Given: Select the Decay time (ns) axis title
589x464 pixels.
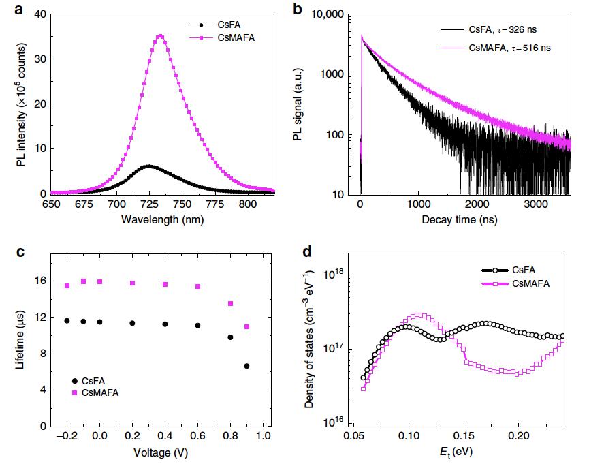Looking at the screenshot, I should (x=460, y=220).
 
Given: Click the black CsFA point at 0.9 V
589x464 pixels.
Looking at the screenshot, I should (x=246, y=366).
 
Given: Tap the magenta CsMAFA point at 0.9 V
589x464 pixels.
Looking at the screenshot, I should (x=246, y=327).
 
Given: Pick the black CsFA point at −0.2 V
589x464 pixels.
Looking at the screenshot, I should (x=67, y=321).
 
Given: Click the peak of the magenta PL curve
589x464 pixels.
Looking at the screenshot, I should (x=160, y=35).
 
